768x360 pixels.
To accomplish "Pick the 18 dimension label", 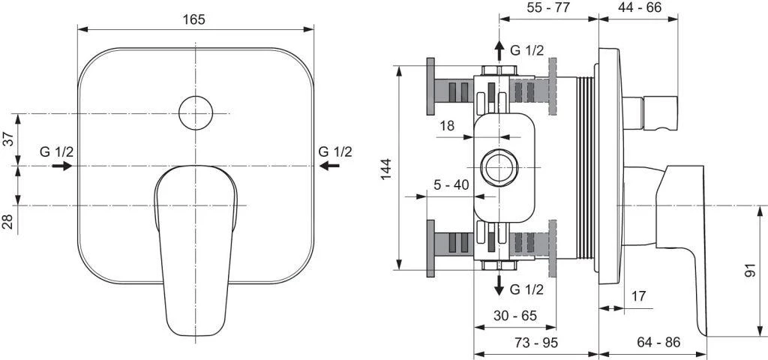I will click(x=446, y=127).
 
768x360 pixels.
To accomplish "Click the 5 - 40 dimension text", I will click(x=452, y=185).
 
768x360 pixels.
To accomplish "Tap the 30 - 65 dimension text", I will click(x=515, y=316).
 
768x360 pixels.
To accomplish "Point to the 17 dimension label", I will click(x=637, y=296).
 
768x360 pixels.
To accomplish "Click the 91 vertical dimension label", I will click(x=751, y=270).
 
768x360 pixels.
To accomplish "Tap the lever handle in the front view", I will click(x=195, y=240).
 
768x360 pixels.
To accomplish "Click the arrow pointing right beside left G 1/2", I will click(x=62, y=166).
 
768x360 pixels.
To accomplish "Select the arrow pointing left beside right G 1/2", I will click(x=329, y=166).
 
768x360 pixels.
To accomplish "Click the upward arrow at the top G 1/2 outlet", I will click(x=499, y=51).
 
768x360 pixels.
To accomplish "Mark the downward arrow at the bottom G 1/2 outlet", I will click(x=499, y=283).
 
